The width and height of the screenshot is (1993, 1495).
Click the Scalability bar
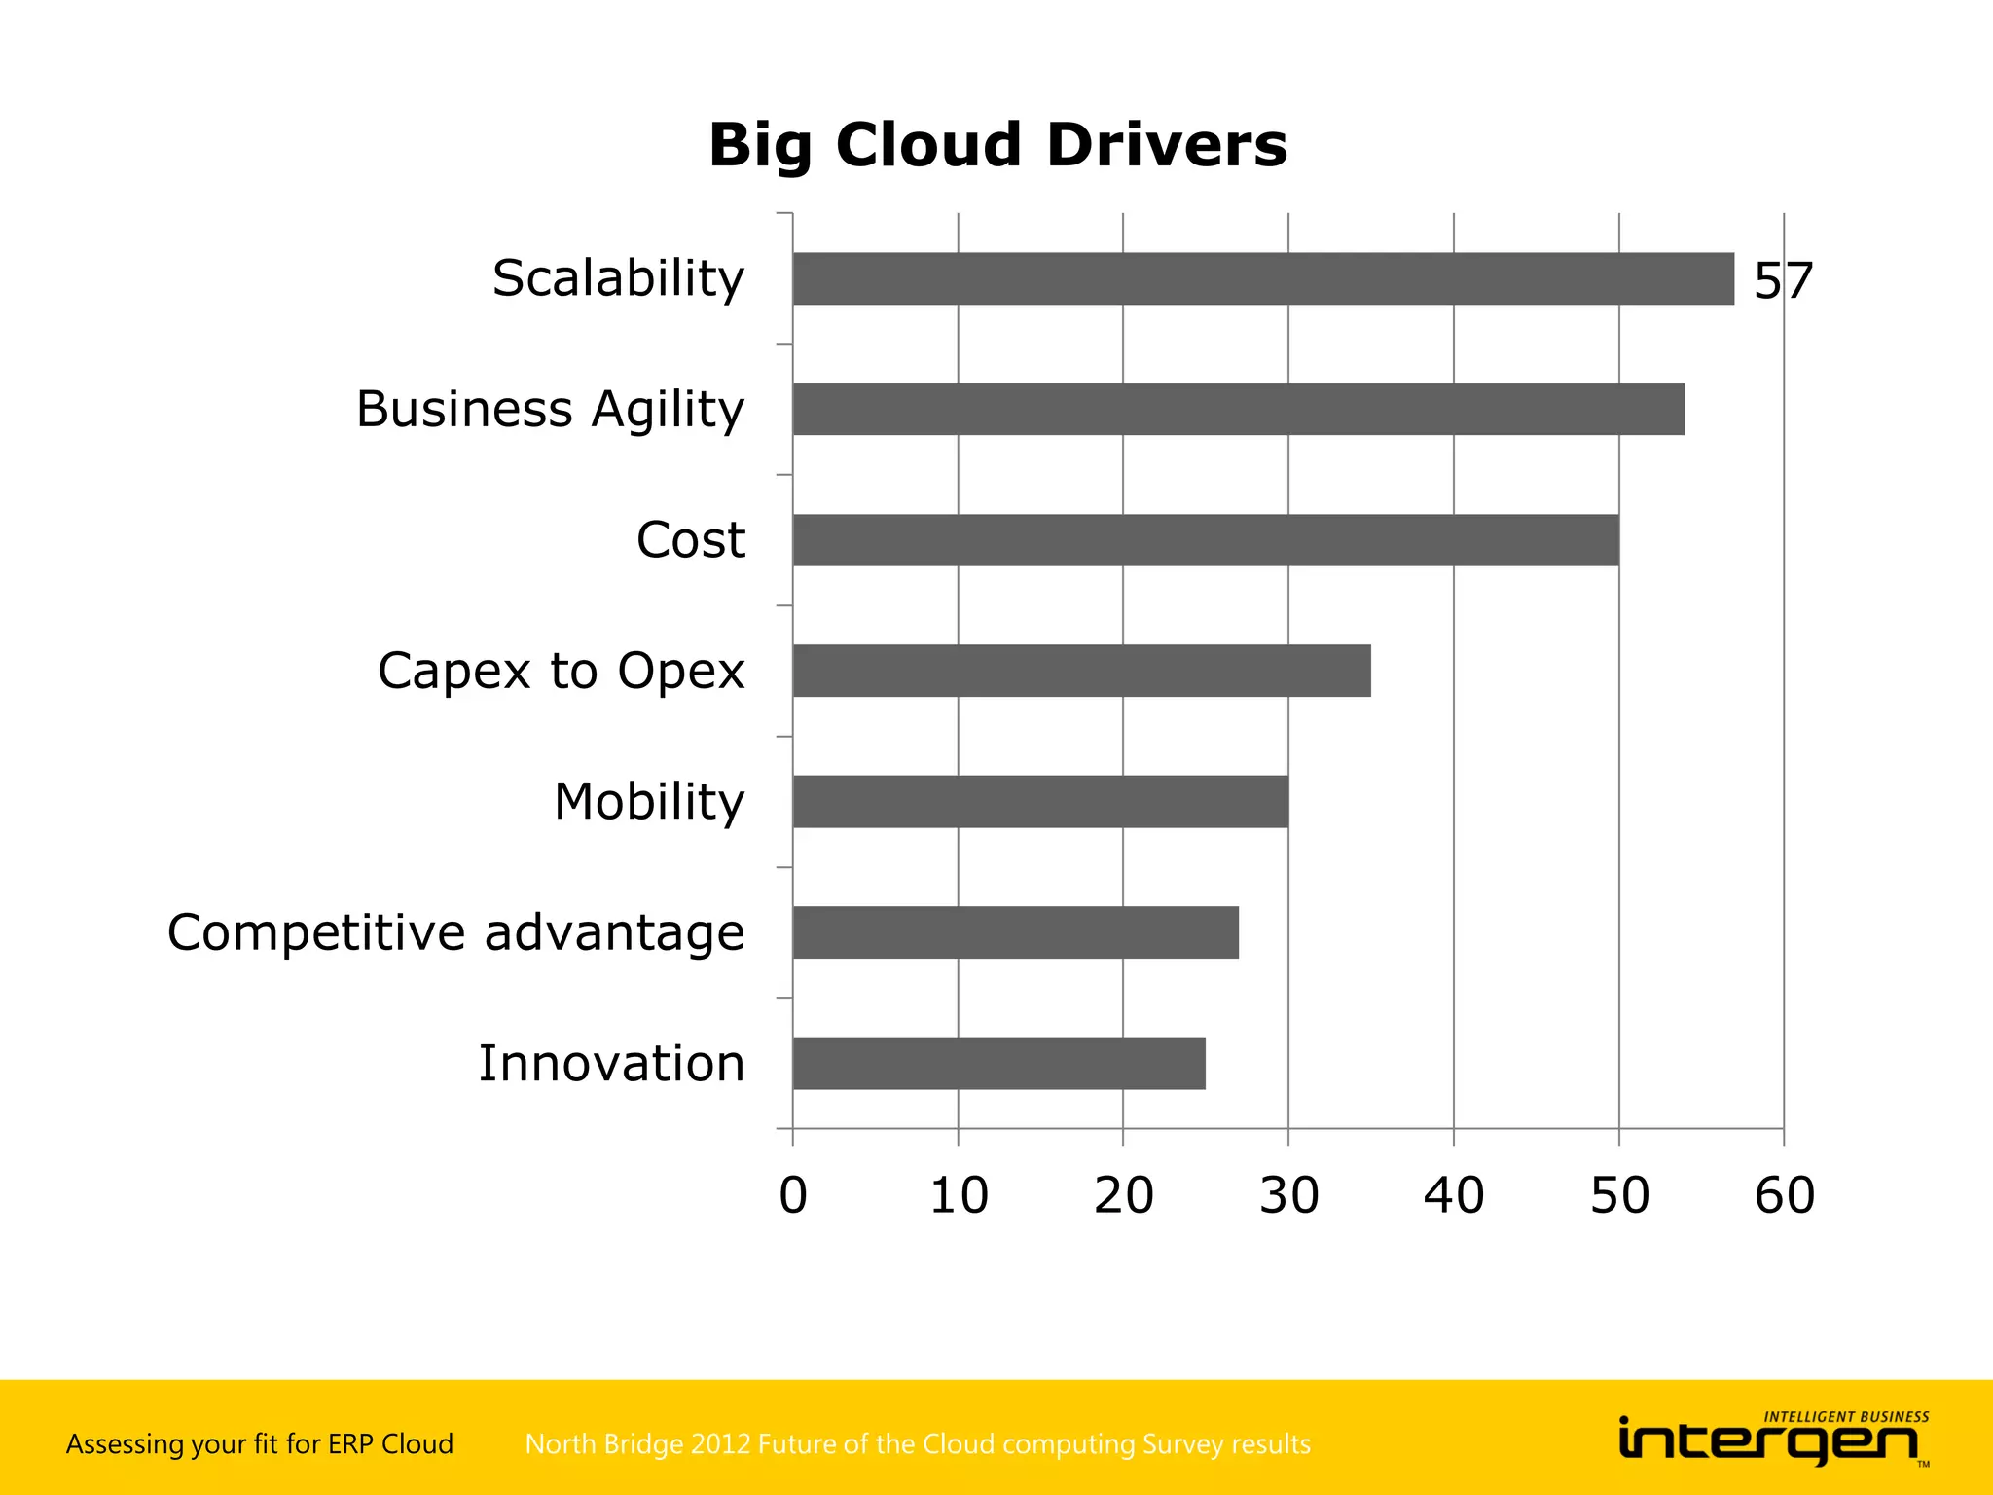pos(1263,279)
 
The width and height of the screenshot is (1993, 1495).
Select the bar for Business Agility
pos(1239,410)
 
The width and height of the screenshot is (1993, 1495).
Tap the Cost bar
pos(1206,540)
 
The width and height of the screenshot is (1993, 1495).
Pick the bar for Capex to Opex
pos(1081,671)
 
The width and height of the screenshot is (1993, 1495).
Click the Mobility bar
pos(1040,802)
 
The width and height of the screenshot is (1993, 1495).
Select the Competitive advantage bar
pos(1015,932)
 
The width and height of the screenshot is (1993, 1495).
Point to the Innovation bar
pos(998,1063)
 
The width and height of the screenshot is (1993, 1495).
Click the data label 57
pos(1783,281)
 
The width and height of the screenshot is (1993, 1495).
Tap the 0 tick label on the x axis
pos(793,1195)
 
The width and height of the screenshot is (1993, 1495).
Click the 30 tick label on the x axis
pos(1288,1195)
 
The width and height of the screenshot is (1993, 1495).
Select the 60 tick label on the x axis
pos(1784,1195)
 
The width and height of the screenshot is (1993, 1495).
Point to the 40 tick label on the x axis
pos(1454,1195)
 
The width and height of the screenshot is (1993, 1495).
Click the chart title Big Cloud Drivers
pos(997,146)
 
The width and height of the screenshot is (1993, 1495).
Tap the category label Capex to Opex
pos(561,671)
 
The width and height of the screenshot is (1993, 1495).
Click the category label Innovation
pos(611,1063)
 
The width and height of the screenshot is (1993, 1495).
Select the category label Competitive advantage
pos(455,932)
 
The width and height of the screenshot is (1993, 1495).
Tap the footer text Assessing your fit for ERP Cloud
pos(259,1443)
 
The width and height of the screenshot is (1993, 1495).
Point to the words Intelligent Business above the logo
pos(1846,1417)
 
